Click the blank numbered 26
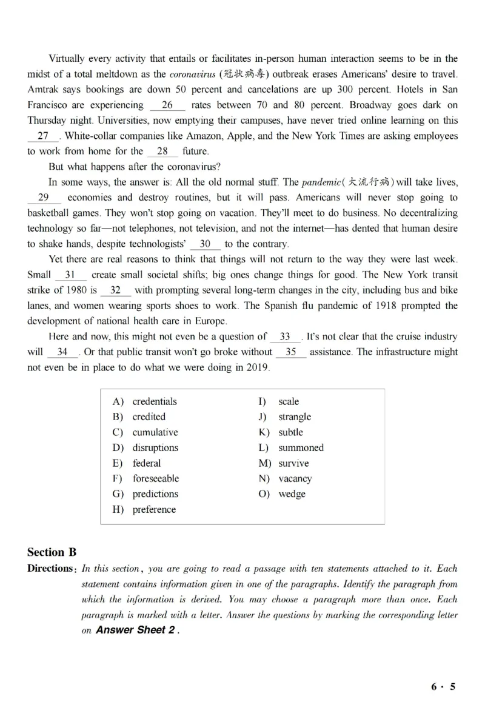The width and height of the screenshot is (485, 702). (167, 105)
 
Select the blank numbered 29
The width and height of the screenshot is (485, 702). (44, 198)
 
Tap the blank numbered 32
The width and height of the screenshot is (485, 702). (115, 290)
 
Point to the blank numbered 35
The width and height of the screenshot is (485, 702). (290, 352)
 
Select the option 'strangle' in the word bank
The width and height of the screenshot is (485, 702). (295, 416)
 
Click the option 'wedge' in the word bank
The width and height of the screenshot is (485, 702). (292, 494)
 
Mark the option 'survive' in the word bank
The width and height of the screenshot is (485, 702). (293, 463)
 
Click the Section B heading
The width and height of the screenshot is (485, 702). (52, 552)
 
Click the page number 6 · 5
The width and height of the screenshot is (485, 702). (443, 687)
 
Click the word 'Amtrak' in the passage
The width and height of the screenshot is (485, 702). (43, 90)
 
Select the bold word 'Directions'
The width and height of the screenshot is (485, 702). (50, 569)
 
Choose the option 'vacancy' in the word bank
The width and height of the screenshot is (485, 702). (295, 478)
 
